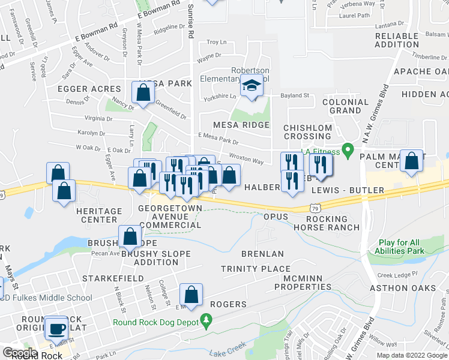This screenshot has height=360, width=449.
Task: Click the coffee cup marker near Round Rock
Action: [x=58, y=328]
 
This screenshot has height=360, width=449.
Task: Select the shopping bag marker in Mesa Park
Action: [x=143, y=94]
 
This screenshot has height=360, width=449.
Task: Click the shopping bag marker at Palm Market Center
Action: [x=411, y=161]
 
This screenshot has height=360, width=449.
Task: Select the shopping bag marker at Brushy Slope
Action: [x=130, y=236]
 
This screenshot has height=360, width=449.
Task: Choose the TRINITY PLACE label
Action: [x=255, y=269]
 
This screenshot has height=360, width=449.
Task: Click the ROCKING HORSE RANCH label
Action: [x=327, y=223]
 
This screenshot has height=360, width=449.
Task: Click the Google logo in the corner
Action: [x=20, y=353]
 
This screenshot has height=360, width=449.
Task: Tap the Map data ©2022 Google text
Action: [x=411, y=355]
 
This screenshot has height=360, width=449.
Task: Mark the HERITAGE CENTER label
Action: [x=99, y=216]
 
